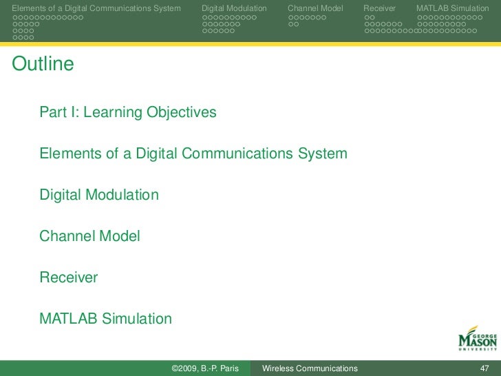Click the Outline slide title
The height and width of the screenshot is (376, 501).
43,65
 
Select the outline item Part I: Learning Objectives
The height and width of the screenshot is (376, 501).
128,112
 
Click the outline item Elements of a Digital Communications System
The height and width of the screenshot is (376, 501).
193,154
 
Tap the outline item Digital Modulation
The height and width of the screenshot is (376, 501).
99,195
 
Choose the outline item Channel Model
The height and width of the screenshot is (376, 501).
89,236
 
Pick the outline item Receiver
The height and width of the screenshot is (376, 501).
69,278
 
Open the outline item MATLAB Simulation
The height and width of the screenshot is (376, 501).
105,319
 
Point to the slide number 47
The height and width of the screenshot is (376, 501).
484,368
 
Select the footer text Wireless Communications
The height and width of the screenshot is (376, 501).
310,368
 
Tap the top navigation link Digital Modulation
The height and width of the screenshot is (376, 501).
234,8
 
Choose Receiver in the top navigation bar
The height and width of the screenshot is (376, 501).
379,8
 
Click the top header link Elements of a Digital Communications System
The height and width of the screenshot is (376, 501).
96,8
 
